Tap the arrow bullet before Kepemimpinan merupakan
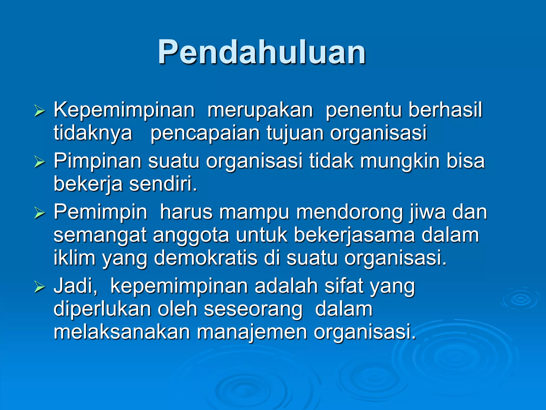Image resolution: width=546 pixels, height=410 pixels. pos(39,111)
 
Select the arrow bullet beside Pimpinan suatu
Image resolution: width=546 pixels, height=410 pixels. pos(39,162)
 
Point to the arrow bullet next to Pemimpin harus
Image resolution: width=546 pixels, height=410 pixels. pos(39,213)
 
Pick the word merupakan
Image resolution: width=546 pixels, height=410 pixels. pos(260,110)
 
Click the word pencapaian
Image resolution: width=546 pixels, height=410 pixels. pos(205,133)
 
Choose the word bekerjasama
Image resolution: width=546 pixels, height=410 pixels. pos(354,235)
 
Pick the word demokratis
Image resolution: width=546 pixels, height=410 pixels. pos(206,258)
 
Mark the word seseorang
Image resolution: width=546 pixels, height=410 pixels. pos(253,309)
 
